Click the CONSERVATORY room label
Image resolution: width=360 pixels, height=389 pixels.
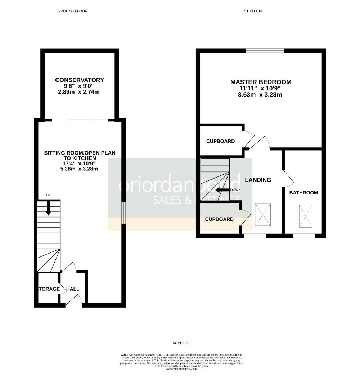80,80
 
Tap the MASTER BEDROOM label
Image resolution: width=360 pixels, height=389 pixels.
261,82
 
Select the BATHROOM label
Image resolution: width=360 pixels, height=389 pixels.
304,193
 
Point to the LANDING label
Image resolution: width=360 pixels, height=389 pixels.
258,180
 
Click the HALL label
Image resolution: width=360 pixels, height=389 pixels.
72,289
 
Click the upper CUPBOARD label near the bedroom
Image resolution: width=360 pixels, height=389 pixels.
220,141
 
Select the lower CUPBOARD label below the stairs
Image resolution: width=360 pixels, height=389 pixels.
219,219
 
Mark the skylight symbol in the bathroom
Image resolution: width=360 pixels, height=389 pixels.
305,216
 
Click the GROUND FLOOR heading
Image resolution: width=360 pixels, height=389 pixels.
72,11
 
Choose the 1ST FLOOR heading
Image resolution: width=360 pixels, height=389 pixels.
252,11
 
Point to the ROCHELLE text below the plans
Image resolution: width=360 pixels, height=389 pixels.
181,343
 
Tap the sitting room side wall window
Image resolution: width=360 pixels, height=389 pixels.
123,213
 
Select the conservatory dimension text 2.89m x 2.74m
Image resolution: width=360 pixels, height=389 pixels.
80,92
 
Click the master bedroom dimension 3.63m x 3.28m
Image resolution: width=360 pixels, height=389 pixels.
261,95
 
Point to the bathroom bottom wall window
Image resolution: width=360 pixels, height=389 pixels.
304,236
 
